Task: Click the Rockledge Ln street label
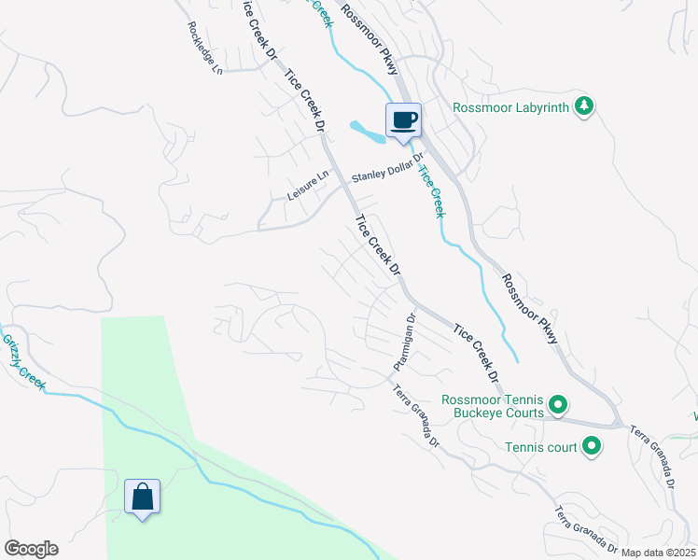[205, 49]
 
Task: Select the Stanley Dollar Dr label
[387, 168]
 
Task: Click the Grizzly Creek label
[22, 363]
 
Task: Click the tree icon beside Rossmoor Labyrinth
[584, 106]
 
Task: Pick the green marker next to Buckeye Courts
[558, 405]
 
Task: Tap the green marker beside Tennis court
[591, 447]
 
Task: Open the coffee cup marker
[403, 120]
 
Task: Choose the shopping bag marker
[142, 497]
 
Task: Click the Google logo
[30, 549]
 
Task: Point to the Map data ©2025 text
[659, 553]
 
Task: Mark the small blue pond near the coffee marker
[368, 133]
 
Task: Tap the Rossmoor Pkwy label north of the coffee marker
[370, 38]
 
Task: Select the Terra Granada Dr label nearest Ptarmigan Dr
[415, 415]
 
